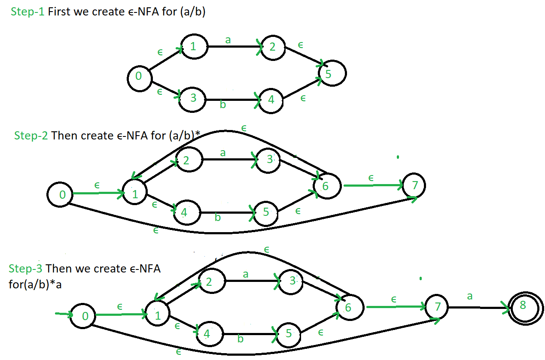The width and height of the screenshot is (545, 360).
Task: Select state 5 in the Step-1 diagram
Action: click(x=332, y=74)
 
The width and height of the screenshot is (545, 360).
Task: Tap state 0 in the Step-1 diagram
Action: click(x=140, y=77)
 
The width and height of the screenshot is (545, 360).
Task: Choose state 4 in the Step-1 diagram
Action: click(x=271, y=100)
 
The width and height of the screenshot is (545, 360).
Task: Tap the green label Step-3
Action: click(x=26, y=269)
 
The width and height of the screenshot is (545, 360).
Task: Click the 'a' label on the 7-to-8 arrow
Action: click(x=470, y=296)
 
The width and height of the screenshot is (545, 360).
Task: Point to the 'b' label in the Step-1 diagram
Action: click(x=222, y=104)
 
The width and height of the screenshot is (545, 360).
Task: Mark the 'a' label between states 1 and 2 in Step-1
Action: click(x=228, y=40)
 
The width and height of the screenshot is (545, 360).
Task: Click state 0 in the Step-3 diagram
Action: click(x=84, y=316)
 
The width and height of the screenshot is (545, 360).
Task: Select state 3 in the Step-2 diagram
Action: click(x=270, y=160)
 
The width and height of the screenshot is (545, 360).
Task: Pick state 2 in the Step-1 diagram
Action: click(x=272, y=46)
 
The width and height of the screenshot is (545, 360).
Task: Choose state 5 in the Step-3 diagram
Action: click(x=289, y=333)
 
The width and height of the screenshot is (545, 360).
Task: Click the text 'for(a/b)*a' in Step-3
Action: click(x=35, y=284)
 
